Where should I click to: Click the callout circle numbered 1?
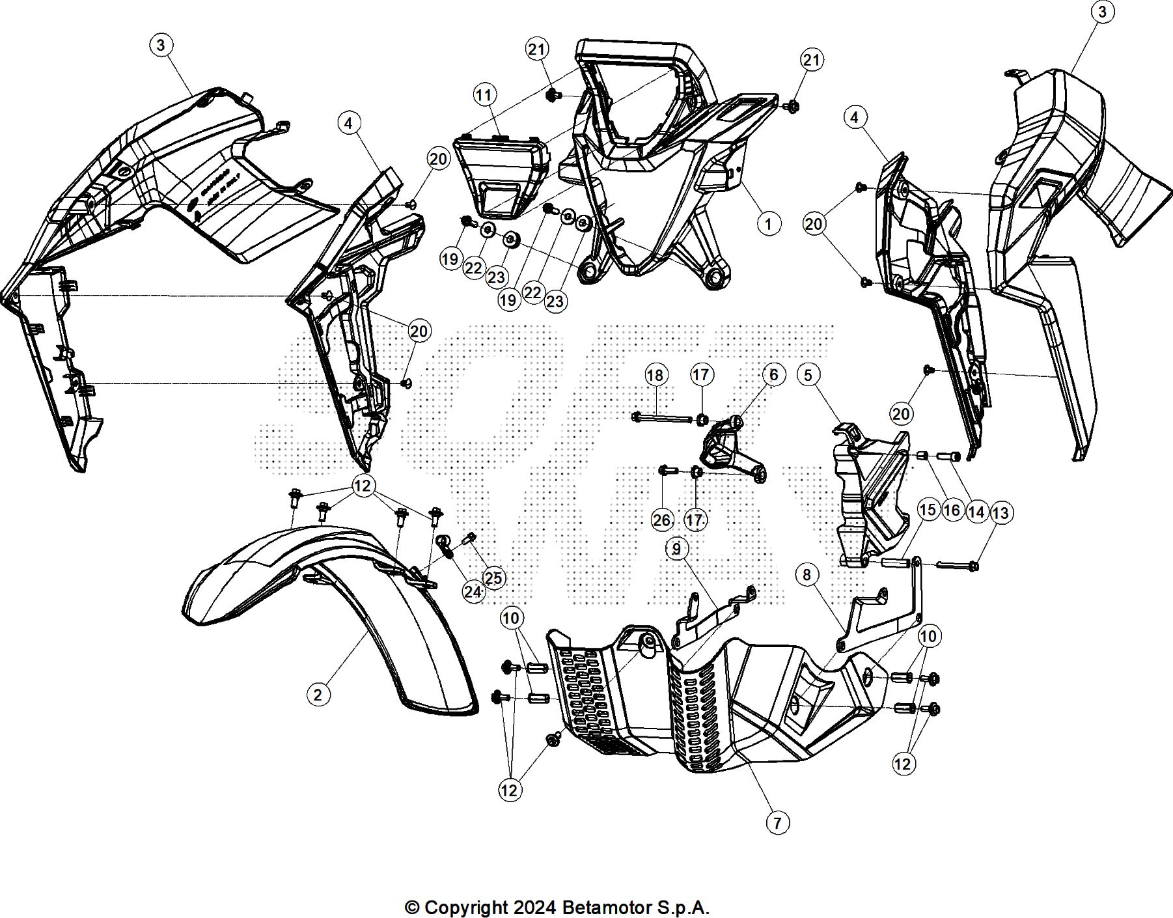click(x=769, y=224)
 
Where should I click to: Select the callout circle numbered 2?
click(x=318, y=695)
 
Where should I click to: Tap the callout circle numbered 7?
click(x=777, y=822)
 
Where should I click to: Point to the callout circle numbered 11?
click(x=484, y=96)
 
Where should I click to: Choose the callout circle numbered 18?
click(x=655, y=375)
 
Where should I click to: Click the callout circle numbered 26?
click(x=662, y=520)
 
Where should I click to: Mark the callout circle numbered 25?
click(x=494, y=578)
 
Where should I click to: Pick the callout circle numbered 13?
click(x=1000, y=513)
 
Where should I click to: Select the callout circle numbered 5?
click(x=808, y=375)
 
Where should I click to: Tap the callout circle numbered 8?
click(x=807, y=574)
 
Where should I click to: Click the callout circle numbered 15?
click(x=928, y=509)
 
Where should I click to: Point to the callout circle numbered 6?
click(x=773, y=375)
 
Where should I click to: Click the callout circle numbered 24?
click(x=473, y=591)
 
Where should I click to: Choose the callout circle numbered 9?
click(x=677, y=549)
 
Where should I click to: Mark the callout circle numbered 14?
click(x=976, y=512)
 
